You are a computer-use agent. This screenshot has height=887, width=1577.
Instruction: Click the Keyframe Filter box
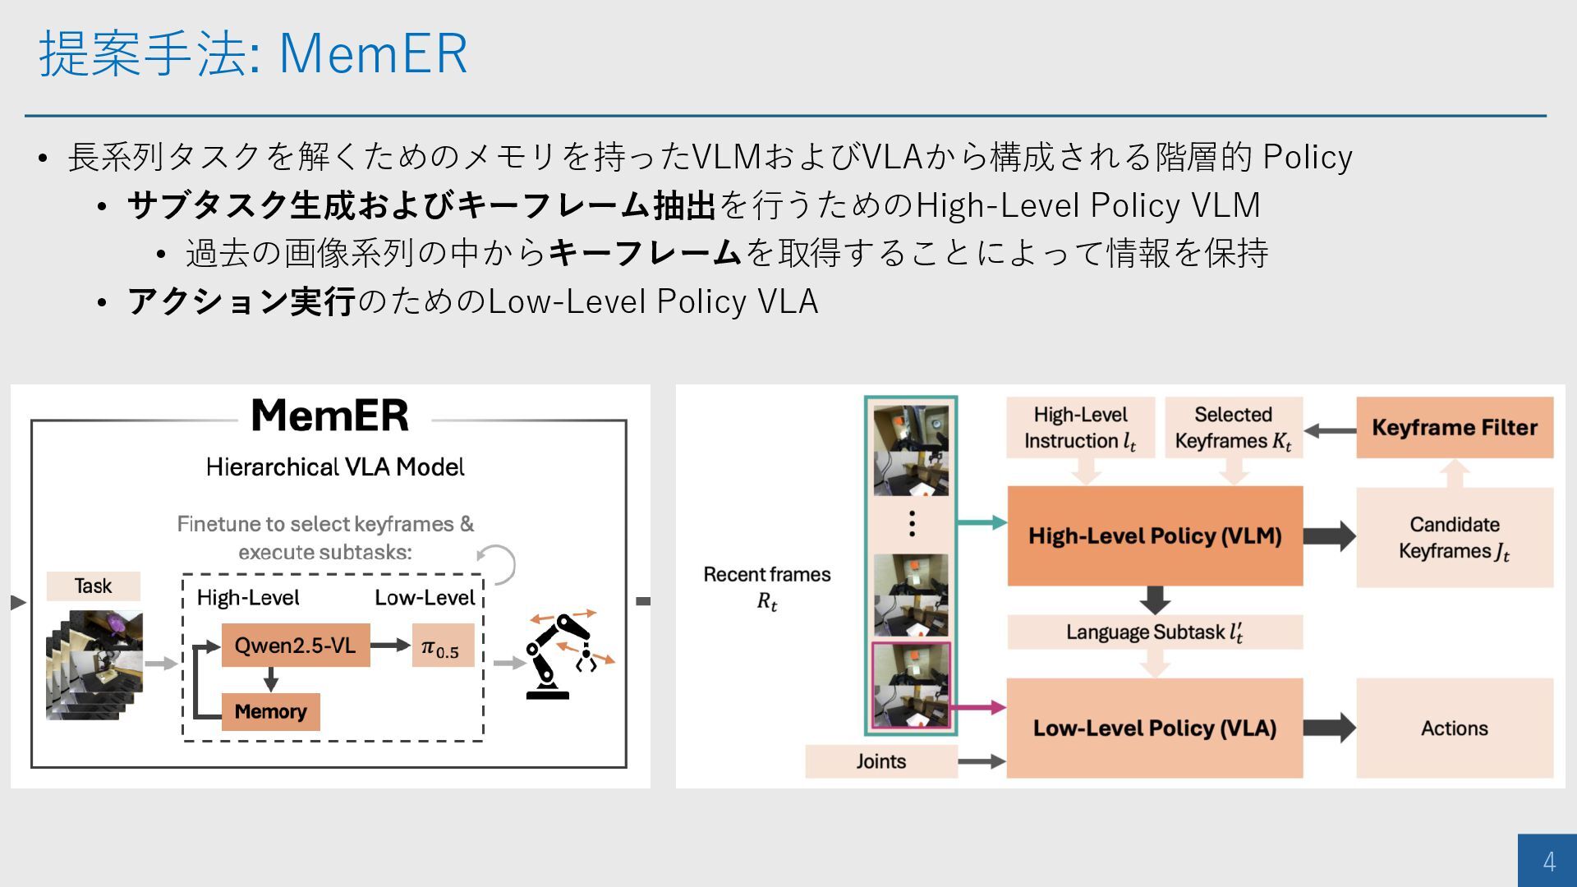pyautogui.click(x=1454, y=427)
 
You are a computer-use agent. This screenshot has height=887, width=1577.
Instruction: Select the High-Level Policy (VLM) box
pyautogui.click(x=1155, y=535)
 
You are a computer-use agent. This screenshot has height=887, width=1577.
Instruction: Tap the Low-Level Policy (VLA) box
pyautogui.click(x=1154, y=728)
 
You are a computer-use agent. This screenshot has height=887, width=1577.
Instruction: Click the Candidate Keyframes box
pyautogui.click(x=1454, y=537)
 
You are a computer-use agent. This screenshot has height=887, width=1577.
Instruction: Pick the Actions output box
pyautogui.click(x=1454, y=728)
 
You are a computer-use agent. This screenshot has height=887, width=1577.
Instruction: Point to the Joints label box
pyautogui.click(x=880, y=761)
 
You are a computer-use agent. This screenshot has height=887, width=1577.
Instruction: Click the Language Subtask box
pyautogui.click(x=1154, y=632)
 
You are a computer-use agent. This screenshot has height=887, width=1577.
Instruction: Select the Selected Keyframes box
pyautogui.click(x=1233, y=427)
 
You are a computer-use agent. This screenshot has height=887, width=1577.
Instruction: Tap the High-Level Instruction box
pyautogui.click(x=1080, y=427)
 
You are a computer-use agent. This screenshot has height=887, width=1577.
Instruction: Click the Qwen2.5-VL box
pyautogui.click(x=295, y=646)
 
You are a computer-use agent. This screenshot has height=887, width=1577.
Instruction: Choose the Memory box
pyautogui.click(x=270, y=711)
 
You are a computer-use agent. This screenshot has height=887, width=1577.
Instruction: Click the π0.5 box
pyautogui.click(x=442, y=646)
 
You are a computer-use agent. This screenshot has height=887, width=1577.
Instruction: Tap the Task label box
pyautogui.click(x=93, y=586)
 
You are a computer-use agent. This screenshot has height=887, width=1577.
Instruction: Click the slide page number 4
pyautogui.click(x=1548, y=861)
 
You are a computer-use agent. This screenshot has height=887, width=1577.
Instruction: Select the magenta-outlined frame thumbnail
pyautogui.click(x=910, y=685)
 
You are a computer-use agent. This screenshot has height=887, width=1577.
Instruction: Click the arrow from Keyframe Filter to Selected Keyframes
pyautogui.click(x=1330, y=430)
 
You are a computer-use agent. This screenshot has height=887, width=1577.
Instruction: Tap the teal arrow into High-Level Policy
pyautogui.click(x=982, y=522)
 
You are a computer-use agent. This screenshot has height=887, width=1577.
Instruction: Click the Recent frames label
pyautogui.click(x=766, y=586)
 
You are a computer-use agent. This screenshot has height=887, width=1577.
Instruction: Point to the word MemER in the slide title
pyautogui.click(x=373, y=53)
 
